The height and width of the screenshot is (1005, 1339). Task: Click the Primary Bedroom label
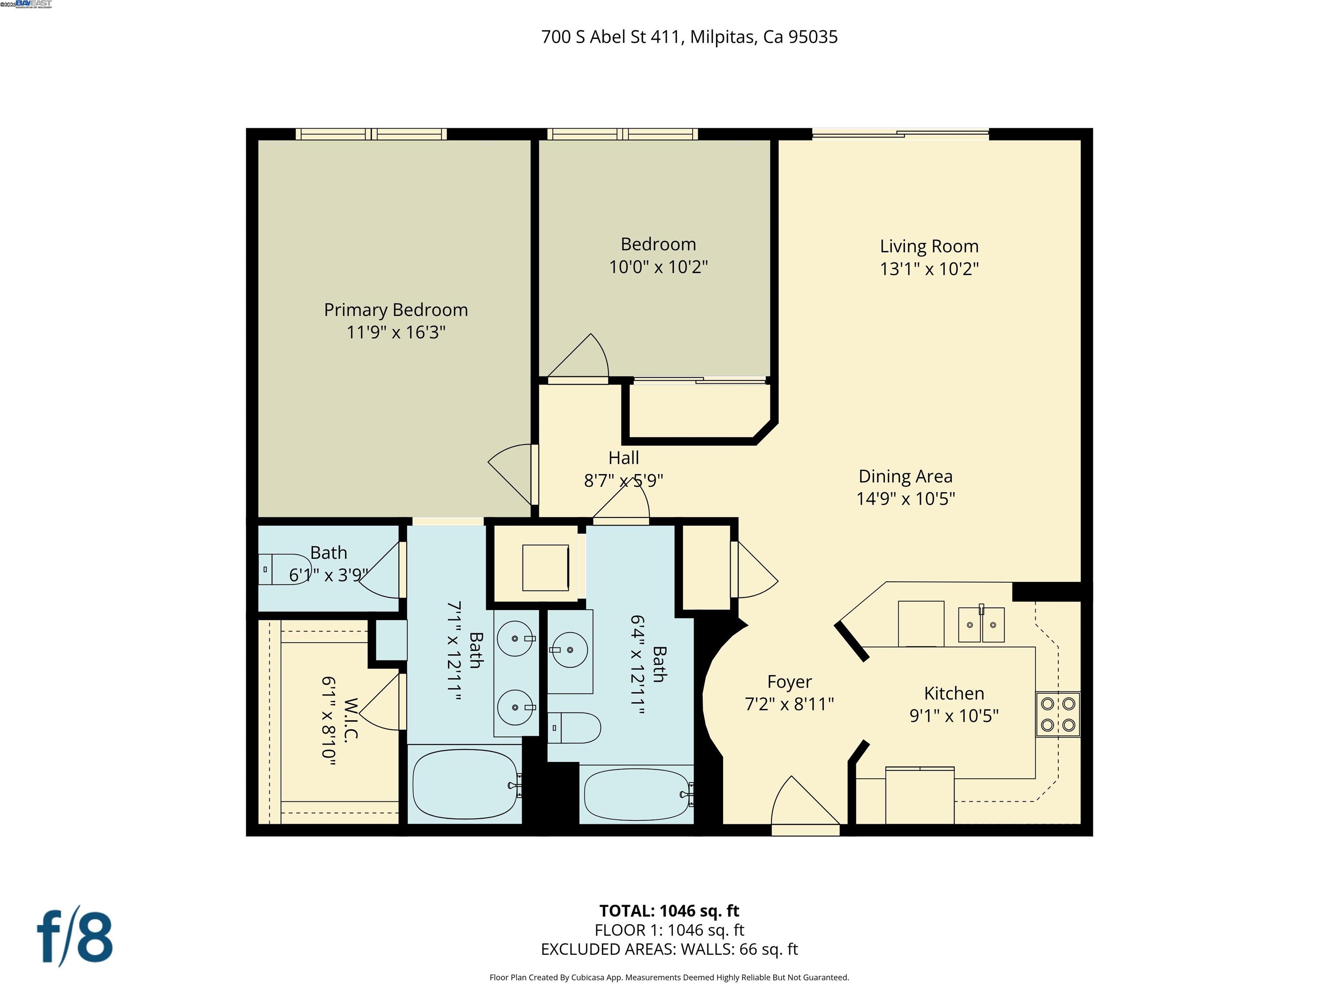point(395,310)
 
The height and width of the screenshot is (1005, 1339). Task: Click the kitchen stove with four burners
point(1057,714)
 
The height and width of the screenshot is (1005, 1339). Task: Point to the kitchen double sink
point(981,625)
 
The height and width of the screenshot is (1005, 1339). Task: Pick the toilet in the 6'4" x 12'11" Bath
point(575,728)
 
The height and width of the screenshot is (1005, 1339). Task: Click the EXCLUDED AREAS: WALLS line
point(669,949)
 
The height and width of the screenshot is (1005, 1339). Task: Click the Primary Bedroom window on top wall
point(371,134)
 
